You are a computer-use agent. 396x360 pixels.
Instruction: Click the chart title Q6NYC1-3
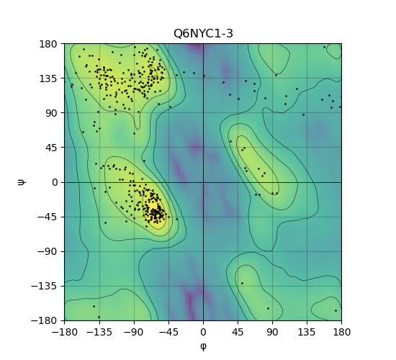203,34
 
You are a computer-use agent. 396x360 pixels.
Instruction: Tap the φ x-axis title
203,346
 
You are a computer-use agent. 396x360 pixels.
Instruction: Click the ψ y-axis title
22,182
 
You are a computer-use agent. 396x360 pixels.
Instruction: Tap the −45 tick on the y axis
48,217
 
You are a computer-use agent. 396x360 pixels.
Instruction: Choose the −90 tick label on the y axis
48,251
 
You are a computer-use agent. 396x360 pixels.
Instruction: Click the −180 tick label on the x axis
65,332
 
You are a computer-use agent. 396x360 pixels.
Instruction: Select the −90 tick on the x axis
134,332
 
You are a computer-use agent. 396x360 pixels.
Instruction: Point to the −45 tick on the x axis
168,332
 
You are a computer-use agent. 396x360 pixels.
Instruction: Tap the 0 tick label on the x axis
203,332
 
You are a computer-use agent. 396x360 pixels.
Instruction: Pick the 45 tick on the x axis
238,332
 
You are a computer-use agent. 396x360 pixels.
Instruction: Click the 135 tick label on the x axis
307,332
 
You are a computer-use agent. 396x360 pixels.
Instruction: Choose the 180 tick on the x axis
342,332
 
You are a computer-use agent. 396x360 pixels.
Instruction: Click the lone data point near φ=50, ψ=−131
242,283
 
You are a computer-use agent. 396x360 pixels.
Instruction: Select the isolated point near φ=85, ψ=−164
269,308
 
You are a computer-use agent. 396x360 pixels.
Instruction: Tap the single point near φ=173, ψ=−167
336,311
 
